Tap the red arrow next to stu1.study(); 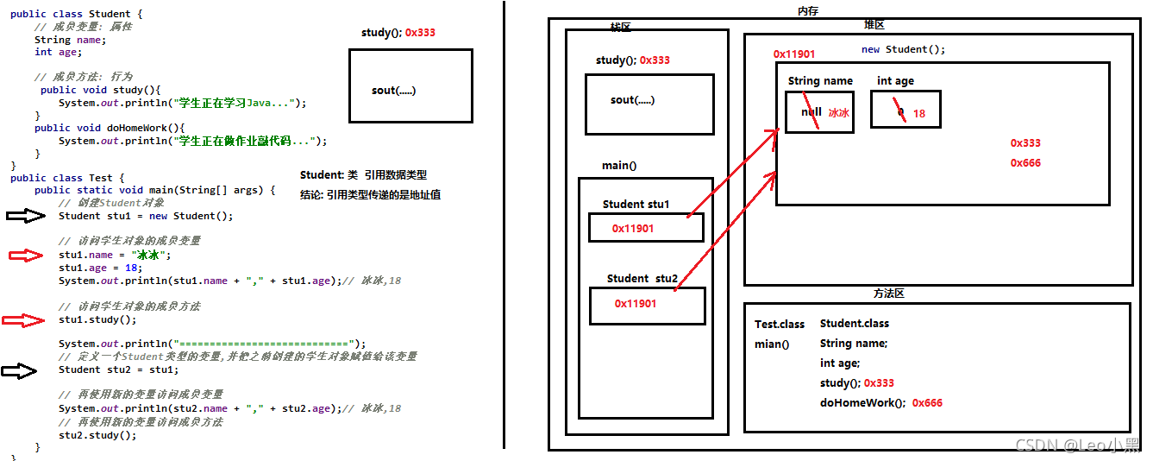tap(23, 320)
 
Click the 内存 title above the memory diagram tap(808, 10)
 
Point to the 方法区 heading tap(888, 294)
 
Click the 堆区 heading tap(874, 25)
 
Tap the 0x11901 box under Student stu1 tap(646, 228)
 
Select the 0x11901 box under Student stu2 tap(647, 305)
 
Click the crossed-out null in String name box tap(811, 112)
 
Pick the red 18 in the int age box tap(918, 113)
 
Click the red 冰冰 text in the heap tap(838, 113)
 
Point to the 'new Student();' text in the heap tap(903, 49)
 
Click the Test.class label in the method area tap(779, 325)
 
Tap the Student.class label tap(854, 324)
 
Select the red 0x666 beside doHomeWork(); tap(927, 403)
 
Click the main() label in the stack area tap(619, 166)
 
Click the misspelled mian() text tap(772, 344)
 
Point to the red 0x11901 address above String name tap(793, 54)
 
